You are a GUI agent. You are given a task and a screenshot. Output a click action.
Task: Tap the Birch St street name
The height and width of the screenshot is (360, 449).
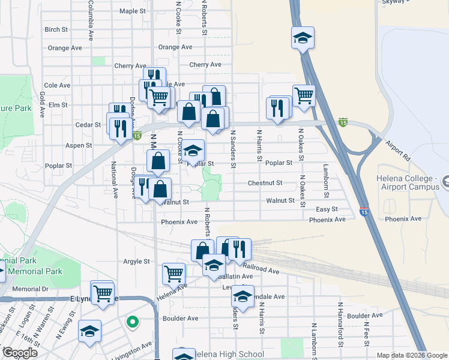coord(56,29)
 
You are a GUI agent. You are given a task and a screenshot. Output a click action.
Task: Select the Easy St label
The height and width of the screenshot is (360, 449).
coord(327,209)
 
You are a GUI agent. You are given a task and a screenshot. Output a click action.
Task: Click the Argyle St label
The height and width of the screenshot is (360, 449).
coord(136,262)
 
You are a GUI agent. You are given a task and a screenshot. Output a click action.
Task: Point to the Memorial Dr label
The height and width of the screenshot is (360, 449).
coord(29,289)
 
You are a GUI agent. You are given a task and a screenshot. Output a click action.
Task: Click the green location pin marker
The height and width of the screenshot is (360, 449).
coord(132,322)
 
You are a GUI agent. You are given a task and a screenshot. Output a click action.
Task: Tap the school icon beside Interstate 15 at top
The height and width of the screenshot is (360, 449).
coord(303,38)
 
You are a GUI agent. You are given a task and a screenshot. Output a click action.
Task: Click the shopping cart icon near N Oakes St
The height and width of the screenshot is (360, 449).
coord(304,95)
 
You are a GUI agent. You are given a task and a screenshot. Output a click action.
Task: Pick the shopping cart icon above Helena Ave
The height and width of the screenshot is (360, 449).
coord(173,273)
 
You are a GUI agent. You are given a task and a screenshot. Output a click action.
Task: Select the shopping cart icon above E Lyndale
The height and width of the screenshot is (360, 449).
coord(103,293)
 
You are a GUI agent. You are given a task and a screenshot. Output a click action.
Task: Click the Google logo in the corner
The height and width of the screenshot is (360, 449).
coord(20,352)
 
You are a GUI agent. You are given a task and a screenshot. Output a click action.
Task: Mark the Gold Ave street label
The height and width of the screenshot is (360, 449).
coord(43,104)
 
